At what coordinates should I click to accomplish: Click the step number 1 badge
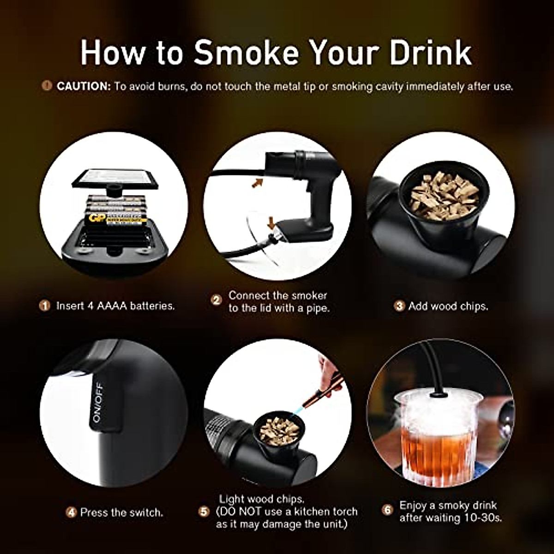point(45,306)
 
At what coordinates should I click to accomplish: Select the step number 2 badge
point(217,300)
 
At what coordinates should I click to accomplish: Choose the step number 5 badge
point(204,512)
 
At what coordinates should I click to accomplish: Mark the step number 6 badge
point(387,510)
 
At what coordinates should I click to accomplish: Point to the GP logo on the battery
point(96,218)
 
